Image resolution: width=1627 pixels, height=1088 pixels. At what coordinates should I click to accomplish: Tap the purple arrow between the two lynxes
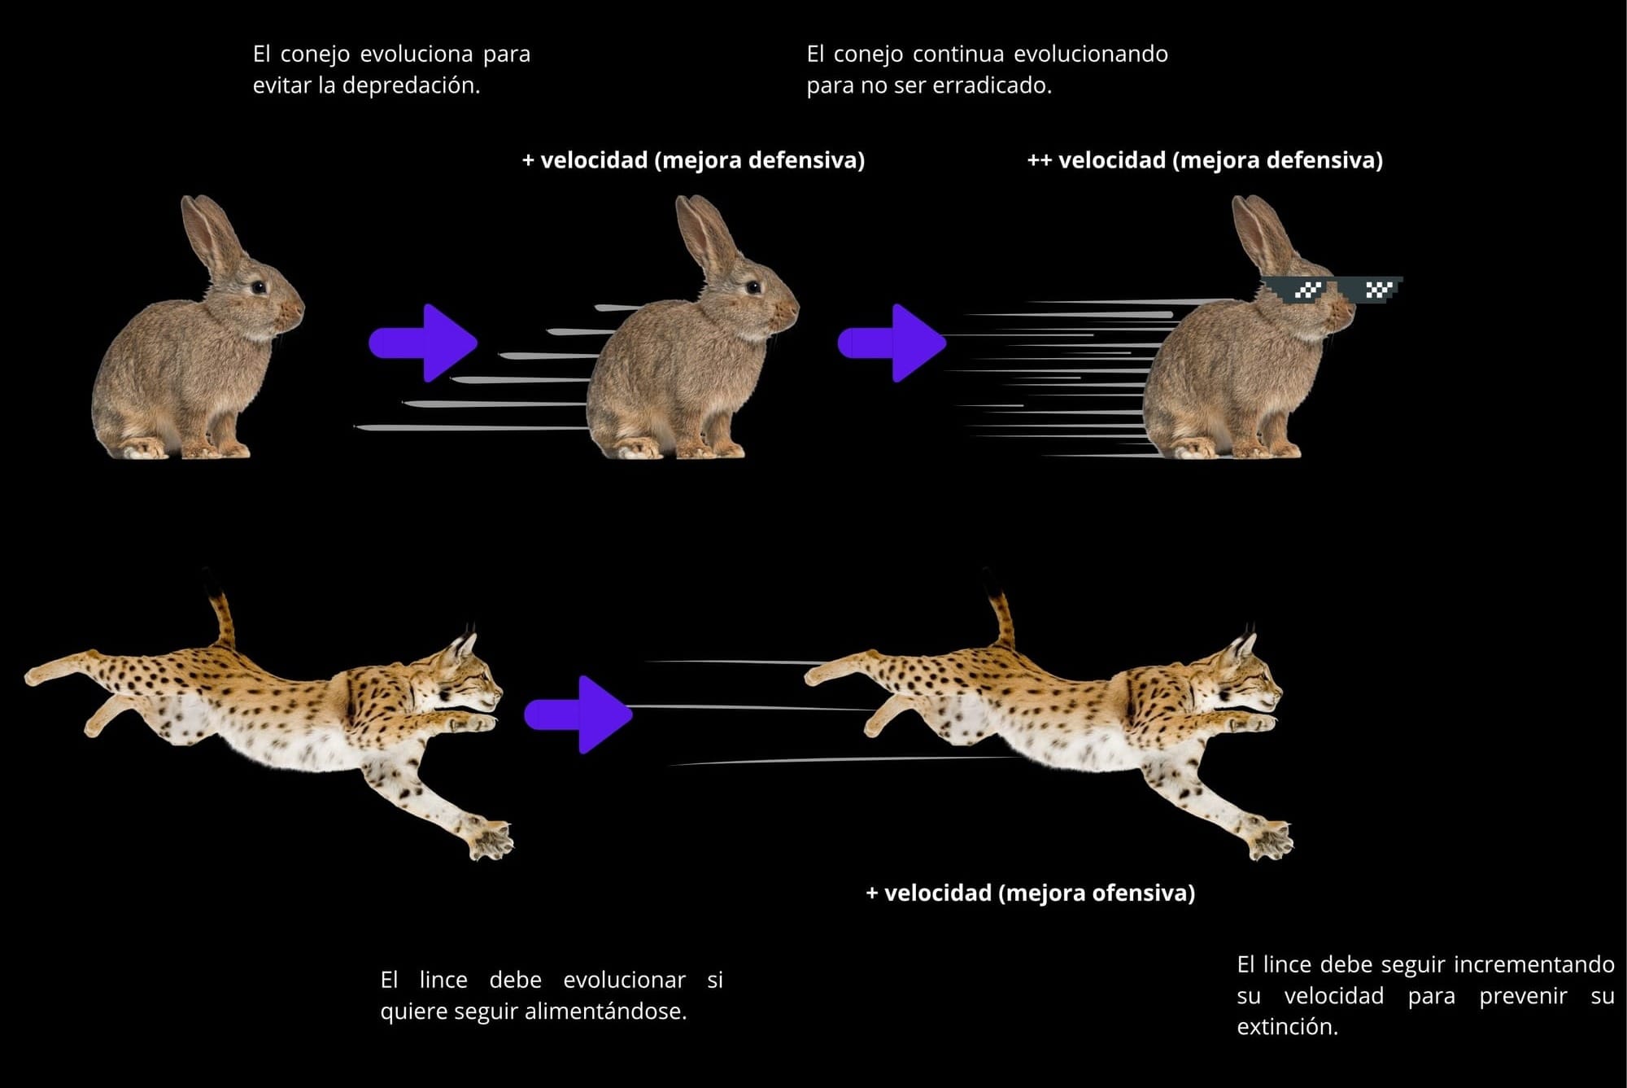579,714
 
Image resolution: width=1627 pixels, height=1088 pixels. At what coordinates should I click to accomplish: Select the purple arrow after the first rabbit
423,343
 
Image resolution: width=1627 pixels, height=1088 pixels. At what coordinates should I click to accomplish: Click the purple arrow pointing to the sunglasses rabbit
892,343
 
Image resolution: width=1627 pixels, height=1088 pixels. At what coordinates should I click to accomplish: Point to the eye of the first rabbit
258,286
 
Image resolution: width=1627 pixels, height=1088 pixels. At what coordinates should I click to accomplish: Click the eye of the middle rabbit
753,286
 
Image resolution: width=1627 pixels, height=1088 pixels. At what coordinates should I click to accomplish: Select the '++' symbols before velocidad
1039,160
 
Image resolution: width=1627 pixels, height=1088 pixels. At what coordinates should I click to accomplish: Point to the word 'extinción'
1286,1027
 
